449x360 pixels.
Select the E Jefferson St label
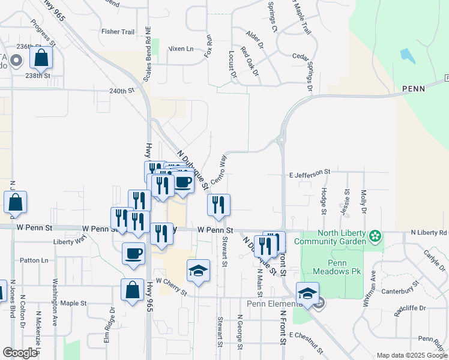[310, 172]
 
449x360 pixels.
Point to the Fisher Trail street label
[118, 32]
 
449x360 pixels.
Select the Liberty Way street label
[70, 241]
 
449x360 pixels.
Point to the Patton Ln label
[34, 260]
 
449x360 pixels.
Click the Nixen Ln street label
[181, 49]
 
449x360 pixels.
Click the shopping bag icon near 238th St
[41, 58]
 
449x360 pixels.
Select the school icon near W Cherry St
[198, 271]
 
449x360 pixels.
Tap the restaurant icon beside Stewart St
[219, 205]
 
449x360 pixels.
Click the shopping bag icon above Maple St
[132, 290]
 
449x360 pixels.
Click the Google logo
[20, 353]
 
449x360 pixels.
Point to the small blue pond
[407, 56]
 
